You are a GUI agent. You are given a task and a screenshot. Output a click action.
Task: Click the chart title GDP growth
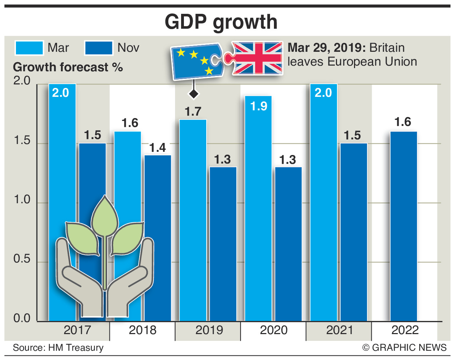[x=221, y=22]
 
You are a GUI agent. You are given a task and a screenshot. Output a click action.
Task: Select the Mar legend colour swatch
[x=29, y=48]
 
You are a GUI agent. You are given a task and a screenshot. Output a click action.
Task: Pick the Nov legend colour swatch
[x=99, y=48]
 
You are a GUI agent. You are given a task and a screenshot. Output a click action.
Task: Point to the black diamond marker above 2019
[x=193, y=94]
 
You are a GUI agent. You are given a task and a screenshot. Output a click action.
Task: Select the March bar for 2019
[x=193, y=220]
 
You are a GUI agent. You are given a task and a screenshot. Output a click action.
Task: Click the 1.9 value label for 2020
[x=259, y=106]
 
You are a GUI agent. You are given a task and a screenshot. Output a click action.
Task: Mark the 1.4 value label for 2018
[x=157, y=148]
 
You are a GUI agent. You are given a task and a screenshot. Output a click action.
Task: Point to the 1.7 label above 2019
[x=193, y=112]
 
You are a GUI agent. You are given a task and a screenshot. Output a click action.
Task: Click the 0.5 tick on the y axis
[x=22, y=259]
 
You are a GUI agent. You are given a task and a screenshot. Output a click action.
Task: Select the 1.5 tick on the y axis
[x=22, y=140]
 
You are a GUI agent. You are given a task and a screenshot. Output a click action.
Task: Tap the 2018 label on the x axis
[x=142, y=330]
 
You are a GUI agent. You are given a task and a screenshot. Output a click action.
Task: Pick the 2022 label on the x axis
[x=405, y=330]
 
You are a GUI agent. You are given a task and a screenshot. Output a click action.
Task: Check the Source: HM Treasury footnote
[x=58, y=348]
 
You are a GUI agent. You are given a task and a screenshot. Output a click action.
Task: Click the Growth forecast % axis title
[x=68, y=67]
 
